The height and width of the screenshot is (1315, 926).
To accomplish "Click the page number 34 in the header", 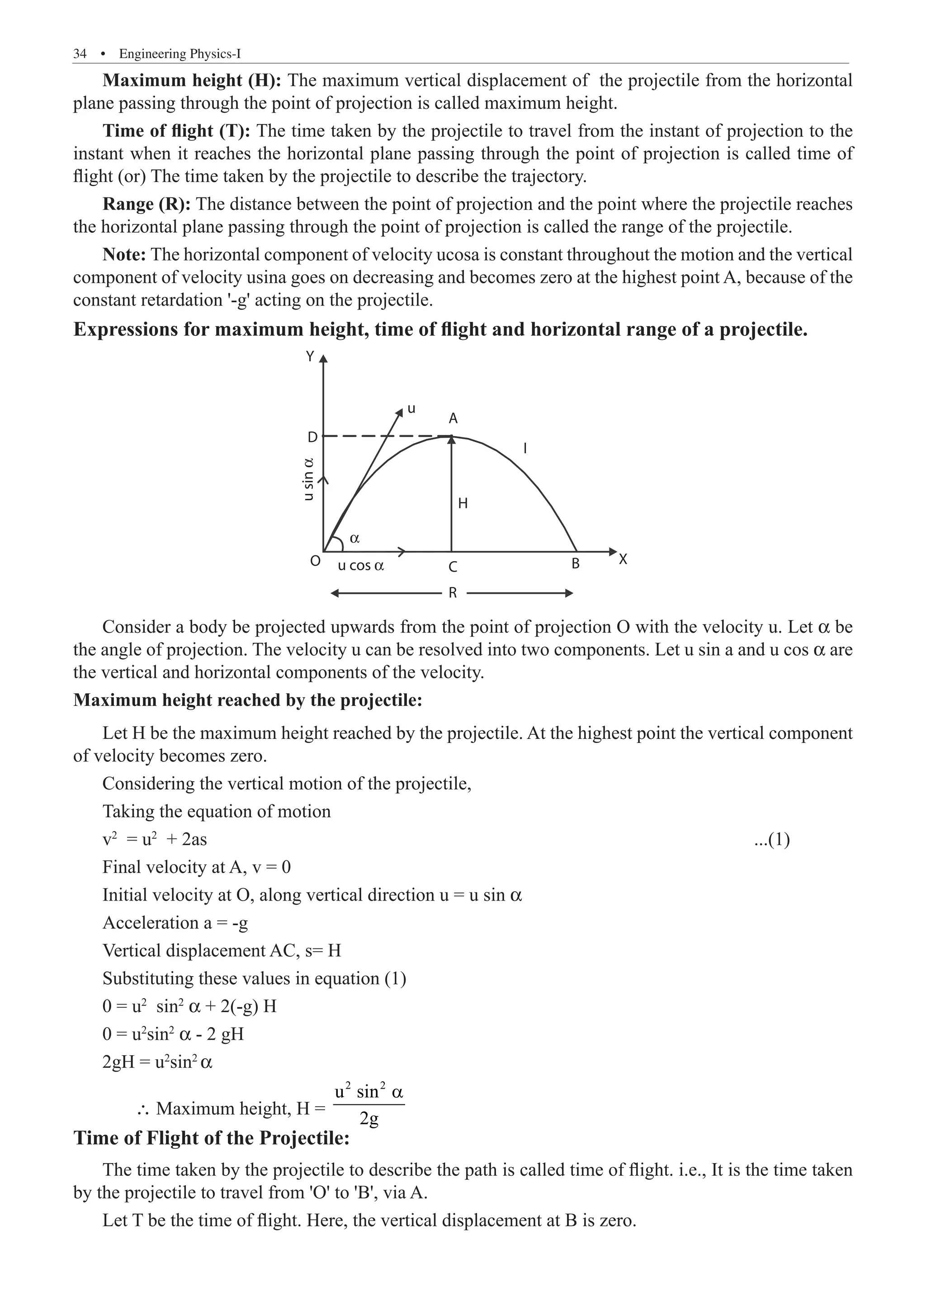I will (80, 54).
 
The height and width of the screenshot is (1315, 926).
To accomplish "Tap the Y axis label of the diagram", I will (310, 357).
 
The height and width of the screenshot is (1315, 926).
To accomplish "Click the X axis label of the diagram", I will (624, 559).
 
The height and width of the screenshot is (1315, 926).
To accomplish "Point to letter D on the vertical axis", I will (312, 437).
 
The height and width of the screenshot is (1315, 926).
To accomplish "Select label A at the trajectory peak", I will (453, 418).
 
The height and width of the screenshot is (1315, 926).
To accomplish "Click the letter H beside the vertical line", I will (463, 503).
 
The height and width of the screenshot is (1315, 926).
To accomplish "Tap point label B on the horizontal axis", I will (576, 564).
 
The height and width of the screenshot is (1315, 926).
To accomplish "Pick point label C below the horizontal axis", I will (453, 567).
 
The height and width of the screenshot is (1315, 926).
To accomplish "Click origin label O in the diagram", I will (315, 561).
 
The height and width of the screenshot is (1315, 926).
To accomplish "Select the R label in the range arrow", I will (453, 593).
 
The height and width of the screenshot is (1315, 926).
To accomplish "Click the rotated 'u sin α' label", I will (308, 479).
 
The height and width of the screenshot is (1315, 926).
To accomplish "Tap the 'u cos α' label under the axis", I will (360, 566).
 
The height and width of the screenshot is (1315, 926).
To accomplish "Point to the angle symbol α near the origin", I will (354, 538).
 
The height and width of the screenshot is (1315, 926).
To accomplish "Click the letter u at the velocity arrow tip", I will (411, 409).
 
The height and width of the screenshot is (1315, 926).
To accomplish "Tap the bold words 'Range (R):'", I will (146, 204).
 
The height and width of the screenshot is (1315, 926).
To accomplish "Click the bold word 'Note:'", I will (124, 254).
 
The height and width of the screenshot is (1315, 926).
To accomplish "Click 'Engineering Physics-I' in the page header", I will (180, 54).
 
